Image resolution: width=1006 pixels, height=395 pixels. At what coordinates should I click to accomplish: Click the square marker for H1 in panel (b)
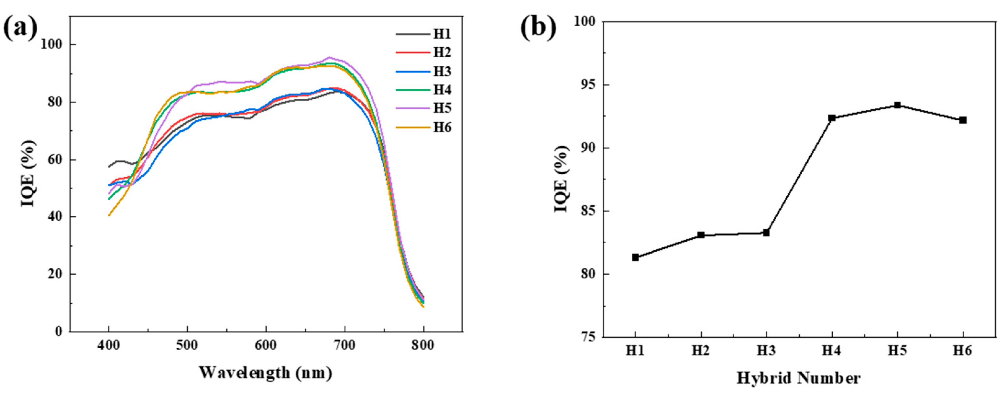(635, 257)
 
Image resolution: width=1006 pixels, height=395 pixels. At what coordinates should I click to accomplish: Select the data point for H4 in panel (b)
(832, 118)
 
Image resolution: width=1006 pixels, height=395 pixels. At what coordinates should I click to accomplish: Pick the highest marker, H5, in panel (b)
(898, 105)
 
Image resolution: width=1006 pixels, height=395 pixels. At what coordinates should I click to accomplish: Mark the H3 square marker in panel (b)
(766, 233)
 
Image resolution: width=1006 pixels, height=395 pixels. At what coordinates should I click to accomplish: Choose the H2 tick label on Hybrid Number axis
(701, 351)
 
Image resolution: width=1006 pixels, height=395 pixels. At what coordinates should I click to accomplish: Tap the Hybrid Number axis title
(799, 379)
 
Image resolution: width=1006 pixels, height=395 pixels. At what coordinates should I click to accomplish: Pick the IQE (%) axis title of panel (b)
(561, 179)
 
